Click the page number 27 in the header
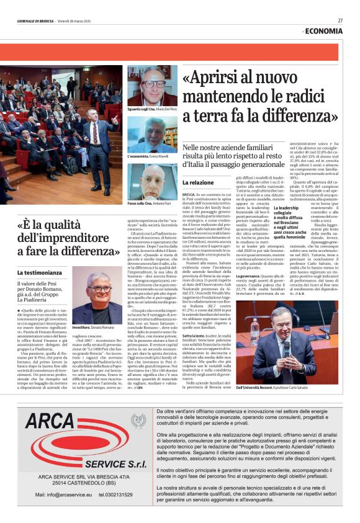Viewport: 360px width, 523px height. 340,20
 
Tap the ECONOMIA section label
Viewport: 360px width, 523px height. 324,30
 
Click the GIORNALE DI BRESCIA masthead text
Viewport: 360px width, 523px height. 35,20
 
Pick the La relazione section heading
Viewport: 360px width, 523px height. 198,183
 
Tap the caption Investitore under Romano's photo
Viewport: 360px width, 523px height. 82,327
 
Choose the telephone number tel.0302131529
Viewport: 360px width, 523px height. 115,494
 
